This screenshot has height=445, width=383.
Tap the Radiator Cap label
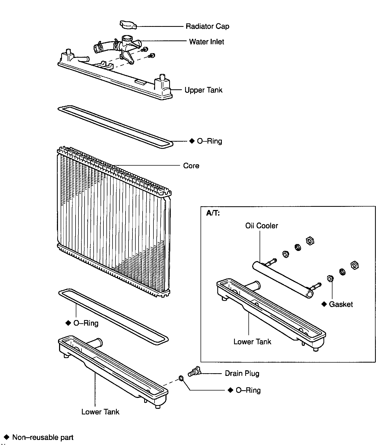tap(207, 26)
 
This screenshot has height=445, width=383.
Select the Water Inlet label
tap(206, 42)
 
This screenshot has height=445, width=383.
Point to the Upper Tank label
tap(203, 90)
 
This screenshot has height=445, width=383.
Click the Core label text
tap(191, 166)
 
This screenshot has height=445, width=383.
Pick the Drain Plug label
tap(242, 373)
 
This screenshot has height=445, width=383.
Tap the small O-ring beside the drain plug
tap(181, 378)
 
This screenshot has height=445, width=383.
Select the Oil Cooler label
tap(261, 226)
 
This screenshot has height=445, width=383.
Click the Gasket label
tap(341, 304)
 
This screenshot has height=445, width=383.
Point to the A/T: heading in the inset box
tap(213, 213)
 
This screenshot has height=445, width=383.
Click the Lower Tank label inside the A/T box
tap(252, 342)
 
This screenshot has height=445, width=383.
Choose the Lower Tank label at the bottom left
tap(100, 412)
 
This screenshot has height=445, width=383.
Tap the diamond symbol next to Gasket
tap(324, 304)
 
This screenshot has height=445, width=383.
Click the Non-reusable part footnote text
tap(43, 437)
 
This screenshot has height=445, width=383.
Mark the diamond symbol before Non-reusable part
tap(7, 437)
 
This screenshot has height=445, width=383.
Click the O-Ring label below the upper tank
tap(209, 141)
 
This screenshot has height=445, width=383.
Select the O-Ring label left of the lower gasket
tap(86, 323)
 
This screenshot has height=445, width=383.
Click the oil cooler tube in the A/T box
tap(282, 279)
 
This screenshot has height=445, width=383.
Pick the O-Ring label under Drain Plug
tap(248, 390)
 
